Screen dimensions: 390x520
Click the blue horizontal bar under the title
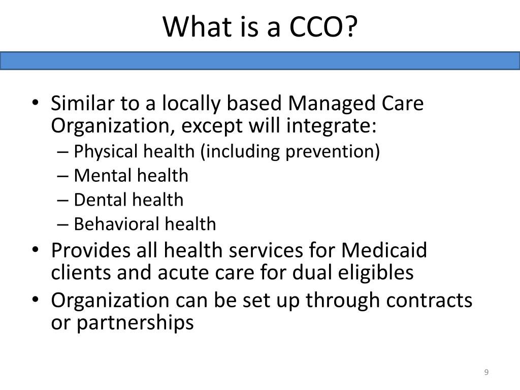pos(260,60)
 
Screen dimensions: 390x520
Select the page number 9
pos(486,373)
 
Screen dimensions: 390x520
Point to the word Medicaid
pos(384,250)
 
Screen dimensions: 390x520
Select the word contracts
pos(429,300)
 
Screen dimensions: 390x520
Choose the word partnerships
pos(135,322)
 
